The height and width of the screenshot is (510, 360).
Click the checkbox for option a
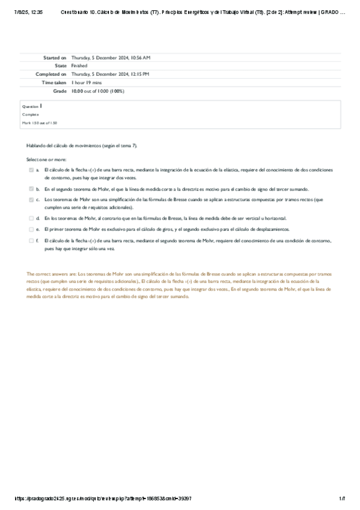tap(31, 170)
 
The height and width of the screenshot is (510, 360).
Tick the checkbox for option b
tap(31, 189)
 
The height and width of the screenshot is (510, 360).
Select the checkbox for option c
tap(31, 199)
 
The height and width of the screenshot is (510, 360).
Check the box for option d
tap(31, 218)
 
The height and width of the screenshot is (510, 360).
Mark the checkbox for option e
tap(31, 229)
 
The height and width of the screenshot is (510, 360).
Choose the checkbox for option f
tap(31, 240)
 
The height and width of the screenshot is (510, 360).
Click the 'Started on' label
tap(55, 57)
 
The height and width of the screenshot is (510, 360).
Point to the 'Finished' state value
tap(79, 66)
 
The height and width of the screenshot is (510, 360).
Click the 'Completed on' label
tap(51, 74)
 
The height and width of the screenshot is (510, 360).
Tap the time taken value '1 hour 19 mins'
tap(87, 82)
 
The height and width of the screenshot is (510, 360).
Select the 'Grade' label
tap(59, 91)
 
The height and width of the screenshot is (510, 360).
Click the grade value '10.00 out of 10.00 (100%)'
tap(97, 91)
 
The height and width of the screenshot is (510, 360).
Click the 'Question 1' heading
tap(32, 106)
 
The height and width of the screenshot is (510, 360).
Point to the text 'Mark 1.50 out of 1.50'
tap(40, 123)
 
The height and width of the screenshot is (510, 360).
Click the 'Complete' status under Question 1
tap(31, 114)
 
